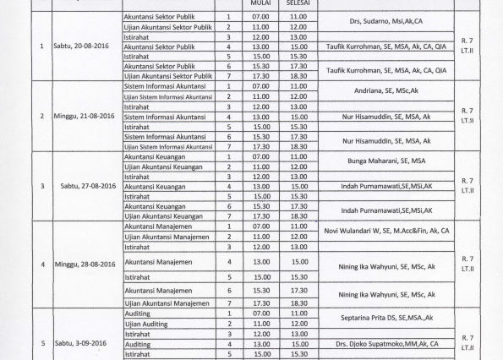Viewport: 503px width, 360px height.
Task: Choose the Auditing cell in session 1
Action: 139,313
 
